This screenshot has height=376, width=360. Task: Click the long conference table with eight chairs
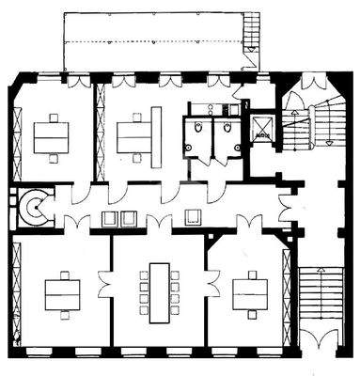coord(157,286)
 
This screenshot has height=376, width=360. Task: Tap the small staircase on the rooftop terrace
coord(252,37)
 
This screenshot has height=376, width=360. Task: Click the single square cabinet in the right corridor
coord(196,218)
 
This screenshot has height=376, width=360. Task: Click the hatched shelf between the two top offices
coord(97,133)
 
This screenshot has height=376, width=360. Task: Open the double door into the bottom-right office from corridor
coord(249,226)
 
